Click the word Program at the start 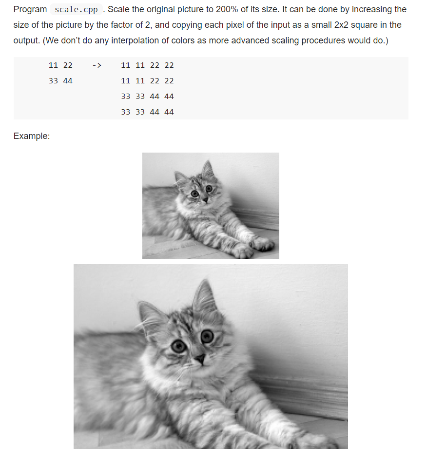(x=30, y=10)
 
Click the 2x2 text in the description (x=345, y=25)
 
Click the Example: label (x=32, y=136)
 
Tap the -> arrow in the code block (x=97, y=65)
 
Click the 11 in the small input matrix (x=54, y=65)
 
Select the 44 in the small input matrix (x=67, y=81)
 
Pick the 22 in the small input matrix (x=67, y=65)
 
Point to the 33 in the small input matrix (x=54, y=81)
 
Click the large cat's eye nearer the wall (x=207, y=335)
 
